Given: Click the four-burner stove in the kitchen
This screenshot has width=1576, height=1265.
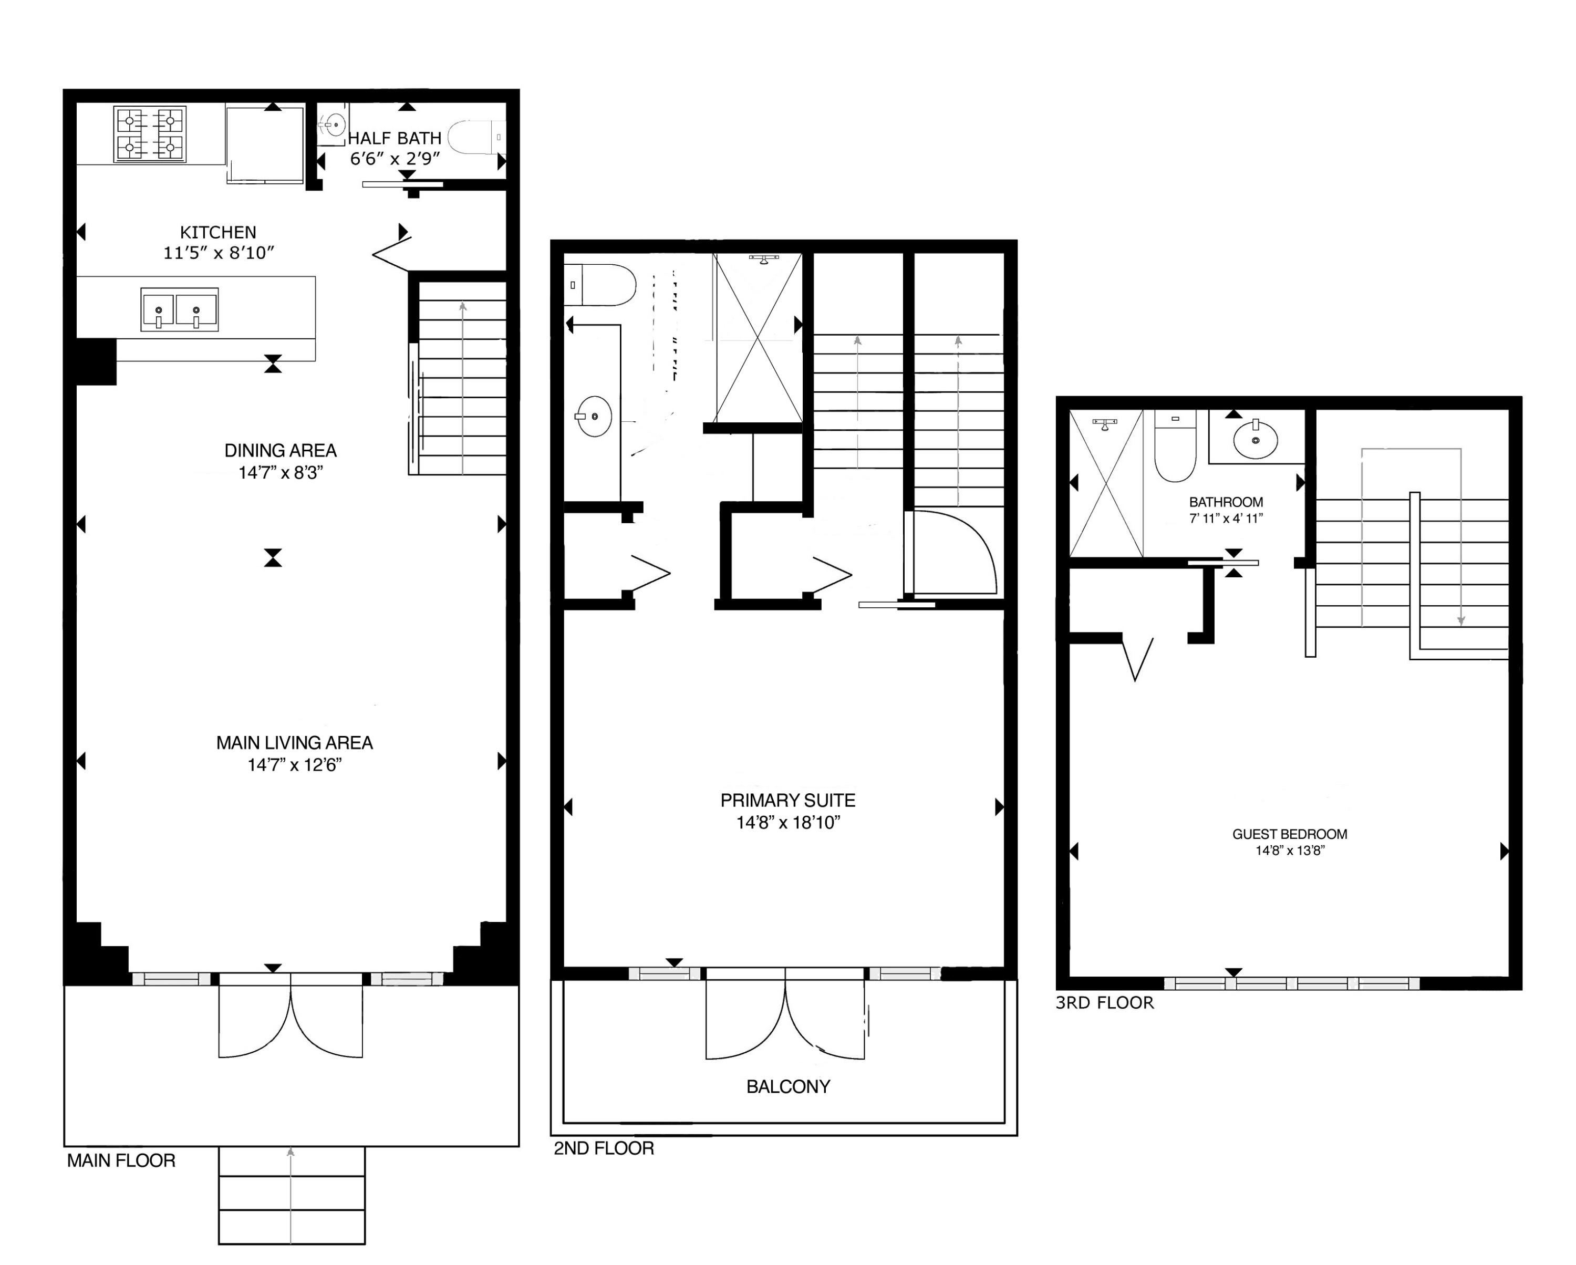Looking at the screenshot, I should tap(150, 134).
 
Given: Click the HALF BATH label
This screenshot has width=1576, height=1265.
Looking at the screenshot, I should tap(394, 138).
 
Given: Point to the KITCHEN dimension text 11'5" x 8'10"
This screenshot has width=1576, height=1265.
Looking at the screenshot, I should tap(219, 253).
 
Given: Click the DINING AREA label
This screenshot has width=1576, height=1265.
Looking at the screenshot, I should tap(280, 450).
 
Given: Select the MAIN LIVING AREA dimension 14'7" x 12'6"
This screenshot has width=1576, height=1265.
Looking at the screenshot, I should tap(295, 764).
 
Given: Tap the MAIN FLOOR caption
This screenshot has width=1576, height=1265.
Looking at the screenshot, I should tap(121, 1160).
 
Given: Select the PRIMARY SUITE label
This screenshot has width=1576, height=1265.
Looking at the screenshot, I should tap(787, 800).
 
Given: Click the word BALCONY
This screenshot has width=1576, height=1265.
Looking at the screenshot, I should tap(787, 1087).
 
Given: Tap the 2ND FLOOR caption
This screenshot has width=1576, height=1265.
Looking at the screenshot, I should tap(603, 1148).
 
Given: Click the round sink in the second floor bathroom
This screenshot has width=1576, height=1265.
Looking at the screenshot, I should tap(594, 417).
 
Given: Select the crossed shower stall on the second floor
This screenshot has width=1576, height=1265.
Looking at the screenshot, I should tap(758, 338).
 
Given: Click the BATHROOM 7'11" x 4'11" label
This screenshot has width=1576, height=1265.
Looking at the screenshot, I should tap(1225, 510).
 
